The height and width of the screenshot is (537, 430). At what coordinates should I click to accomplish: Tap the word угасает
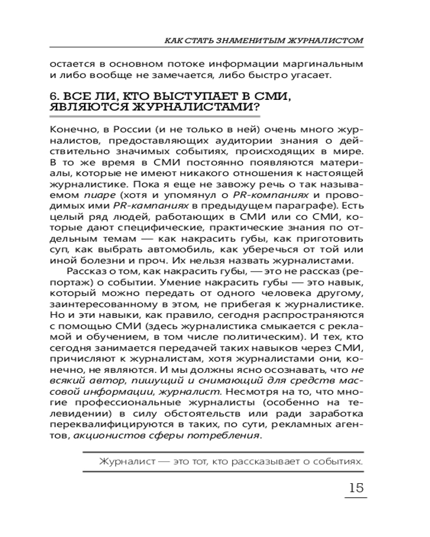click(x=305, y=75)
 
